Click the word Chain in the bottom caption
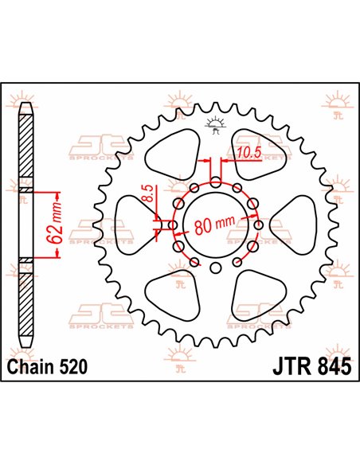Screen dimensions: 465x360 (32, 367)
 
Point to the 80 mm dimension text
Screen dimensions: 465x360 (217, 225)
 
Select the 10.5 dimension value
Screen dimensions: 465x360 (245, 151)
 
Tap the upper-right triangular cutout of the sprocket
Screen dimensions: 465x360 (253, 151)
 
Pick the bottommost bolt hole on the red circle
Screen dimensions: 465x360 (216, 271)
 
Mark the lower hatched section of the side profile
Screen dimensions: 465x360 (24, 307)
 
